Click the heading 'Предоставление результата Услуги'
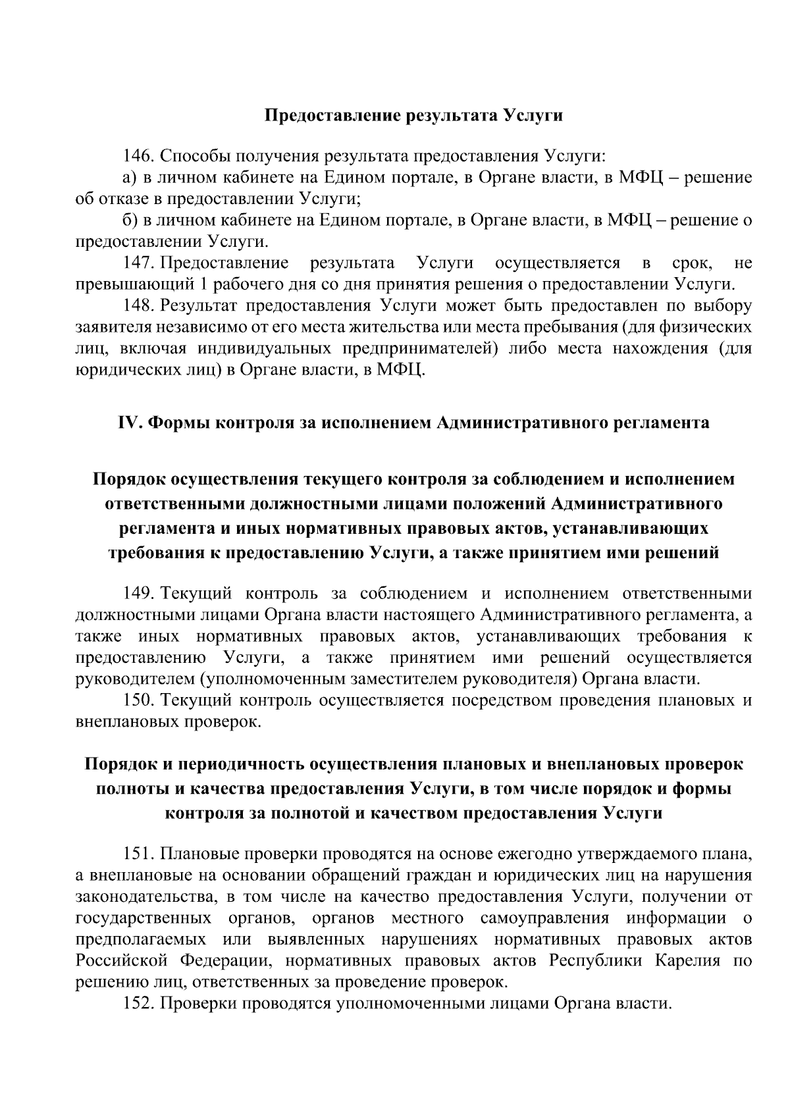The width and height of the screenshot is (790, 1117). coord(413,116)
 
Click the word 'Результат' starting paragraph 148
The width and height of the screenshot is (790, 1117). coord(199,307)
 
